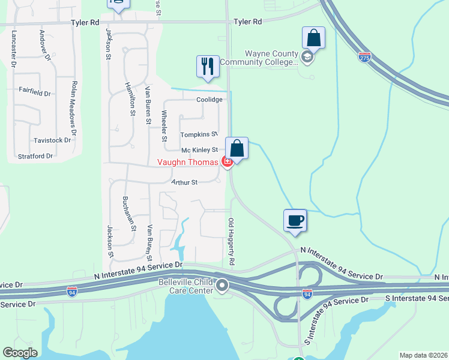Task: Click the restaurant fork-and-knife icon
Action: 208,65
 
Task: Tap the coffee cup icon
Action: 295,220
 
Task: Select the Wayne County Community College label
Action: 259,58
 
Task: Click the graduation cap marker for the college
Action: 307,58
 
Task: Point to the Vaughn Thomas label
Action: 188,162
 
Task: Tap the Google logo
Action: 20,353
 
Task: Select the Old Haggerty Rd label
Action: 231,242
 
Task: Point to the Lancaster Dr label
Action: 13,48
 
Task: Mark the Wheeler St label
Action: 164,125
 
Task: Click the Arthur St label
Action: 184,182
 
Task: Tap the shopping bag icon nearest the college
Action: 313,38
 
